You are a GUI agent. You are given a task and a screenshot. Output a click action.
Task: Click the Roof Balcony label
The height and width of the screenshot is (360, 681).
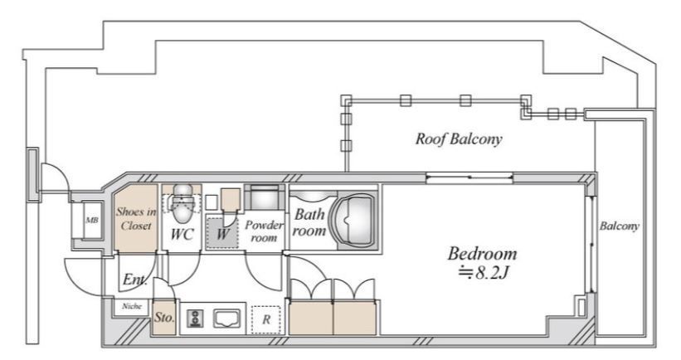pos(459,139)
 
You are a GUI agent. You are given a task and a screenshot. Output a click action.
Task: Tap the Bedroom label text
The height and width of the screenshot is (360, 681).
pos(482,253)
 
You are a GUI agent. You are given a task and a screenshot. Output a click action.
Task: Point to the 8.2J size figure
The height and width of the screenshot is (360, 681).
pos(484,273)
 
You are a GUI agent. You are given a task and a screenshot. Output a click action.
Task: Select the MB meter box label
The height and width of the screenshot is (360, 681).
pos(91,220)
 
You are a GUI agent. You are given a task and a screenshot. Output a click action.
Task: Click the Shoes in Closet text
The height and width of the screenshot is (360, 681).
pos(136,218)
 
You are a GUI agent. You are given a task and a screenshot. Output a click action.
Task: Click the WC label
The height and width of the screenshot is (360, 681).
pos(182,235)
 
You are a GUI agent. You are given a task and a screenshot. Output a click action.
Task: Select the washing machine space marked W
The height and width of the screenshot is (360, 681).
pos(222,232)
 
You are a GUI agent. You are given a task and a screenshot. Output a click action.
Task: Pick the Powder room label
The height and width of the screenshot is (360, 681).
pos(264,231)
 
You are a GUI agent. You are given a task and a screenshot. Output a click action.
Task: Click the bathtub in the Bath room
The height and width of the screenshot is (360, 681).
pos(353,221)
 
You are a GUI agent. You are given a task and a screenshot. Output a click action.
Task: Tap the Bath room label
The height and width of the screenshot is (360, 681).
pos(309,222)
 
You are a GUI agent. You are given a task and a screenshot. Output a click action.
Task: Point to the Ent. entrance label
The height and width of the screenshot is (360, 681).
pos(134,280)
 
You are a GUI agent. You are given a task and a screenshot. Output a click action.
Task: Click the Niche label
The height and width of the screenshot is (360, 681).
pos(132,306)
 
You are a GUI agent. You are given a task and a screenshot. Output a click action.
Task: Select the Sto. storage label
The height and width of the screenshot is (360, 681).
pos(164,318)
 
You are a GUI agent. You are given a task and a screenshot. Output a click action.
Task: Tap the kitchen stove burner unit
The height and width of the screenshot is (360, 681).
pos(195,319)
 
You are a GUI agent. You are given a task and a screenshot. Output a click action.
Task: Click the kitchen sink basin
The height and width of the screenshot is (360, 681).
pos(226,319)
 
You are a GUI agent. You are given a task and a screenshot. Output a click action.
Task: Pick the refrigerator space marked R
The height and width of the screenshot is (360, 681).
pos(266,319)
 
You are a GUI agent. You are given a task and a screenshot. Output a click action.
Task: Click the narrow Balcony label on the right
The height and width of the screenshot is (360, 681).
pos(620,226)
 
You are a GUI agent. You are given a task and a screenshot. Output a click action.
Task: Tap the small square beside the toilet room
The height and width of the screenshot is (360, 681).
pos(211,202)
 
